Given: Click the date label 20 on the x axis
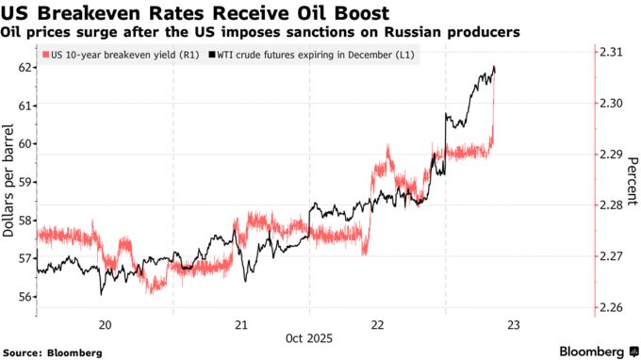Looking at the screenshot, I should coord(105,324).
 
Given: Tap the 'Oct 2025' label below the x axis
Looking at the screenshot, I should coord(309,337).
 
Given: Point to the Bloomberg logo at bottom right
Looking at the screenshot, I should coord(591,352).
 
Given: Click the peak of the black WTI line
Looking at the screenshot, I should coord(495,68).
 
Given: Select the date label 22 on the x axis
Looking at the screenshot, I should coord(377,324).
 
